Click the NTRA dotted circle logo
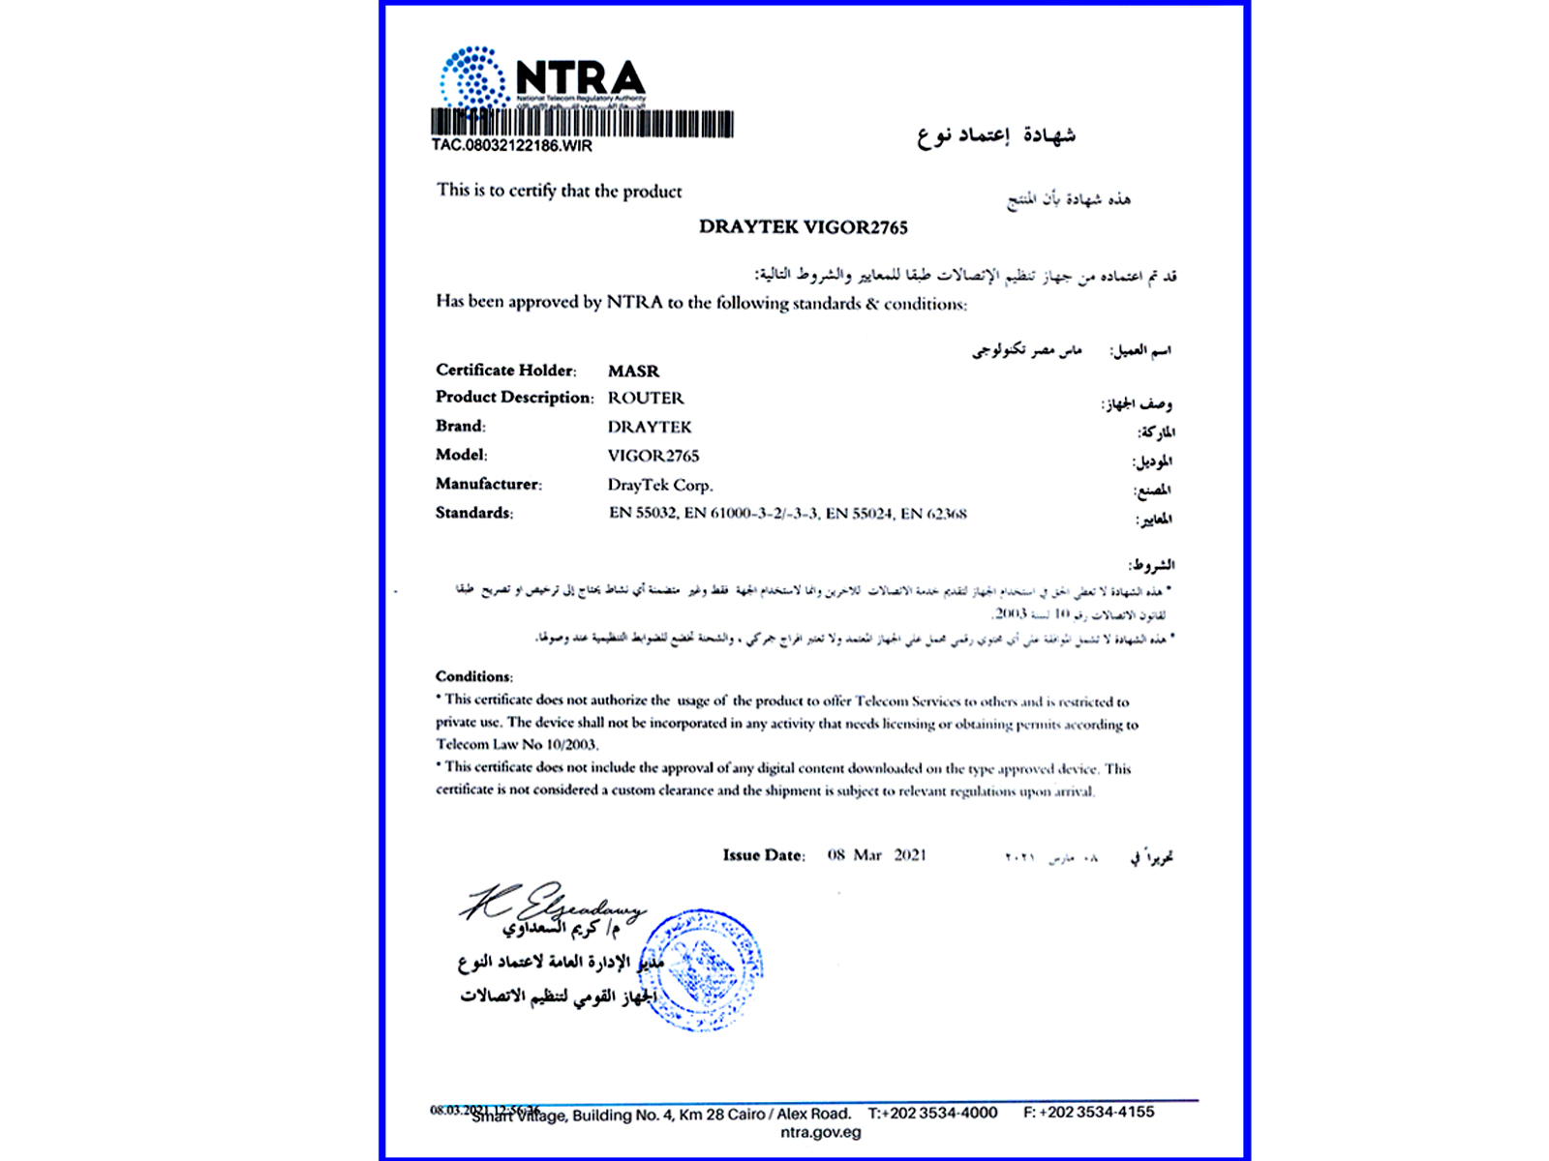(473, 77)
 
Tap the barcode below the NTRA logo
(581, 124)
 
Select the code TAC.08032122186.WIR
(511, 146)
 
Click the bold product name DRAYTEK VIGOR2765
(804, 227)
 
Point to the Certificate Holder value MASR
(633, 371)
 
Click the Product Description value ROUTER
(646, 398)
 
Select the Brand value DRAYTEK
(650, 427)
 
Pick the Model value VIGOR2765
(653, 456)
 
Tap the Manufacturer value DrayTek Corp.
(660, 485)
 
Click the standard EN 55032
(642, 513)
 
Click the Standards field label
(474, 513)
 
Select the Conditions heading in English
(473, 676)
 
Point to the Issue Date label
(763, 855)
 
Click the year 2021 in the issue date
(910, 855)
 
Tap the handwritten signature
(552, 904)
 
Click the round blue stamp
(702, 969)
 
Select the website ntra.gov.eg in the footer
(820, 1133)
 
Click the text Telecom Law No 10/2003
(517, 745)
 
